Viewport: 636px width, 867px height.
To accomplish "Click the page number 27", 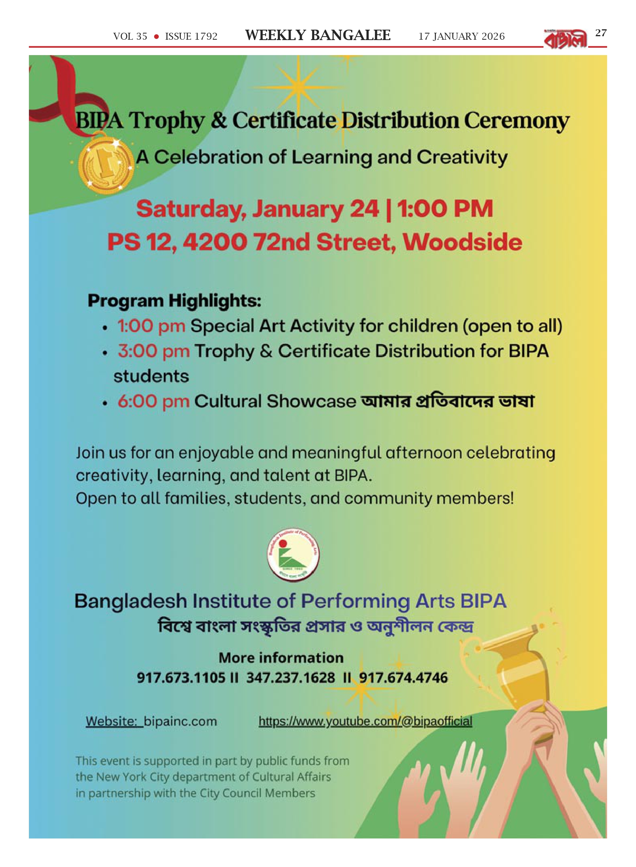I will [601, 33].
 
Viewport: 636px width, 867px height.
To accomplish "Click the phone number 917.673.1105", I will [181, 678].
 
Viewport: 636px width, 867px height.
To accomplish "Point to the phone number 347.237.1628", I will [291, 678].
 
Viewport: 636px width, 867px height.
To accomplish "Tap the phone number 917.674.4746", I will [404, 678].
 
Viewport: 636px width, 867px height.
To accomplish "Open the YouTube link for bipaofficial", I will [365, 721].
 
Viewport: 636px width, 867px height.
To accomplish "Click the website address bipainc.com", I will [180, 721].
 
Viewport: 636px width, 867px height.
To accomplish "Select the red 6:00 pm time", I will [153, 401].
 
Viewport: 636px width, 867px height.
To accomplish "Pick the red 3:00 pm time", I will [153, 351].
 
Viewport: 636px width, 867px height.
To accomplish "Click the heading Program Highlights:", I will [174, 301].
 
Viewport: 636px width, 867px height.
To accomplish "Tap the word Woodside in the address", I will [463, 242].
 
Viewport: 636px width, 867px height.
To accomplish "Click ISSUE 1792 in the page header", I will [191, 37].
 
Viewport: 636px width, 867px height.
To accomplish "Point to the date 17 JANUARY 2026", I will [461, 37].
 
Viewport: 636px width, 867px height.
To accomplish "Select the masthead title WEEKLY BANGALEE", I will [318, 35].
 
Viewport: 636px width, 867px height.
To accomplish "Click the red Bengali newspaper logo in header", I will [565, 39].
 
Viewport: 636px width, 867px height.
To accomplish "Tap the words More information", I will [281, 658].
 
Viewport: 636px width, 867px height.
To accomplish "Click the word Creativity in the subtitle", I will [462, 158].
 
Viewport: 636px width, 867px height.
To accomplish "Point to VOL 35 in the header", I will [130, 37].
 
